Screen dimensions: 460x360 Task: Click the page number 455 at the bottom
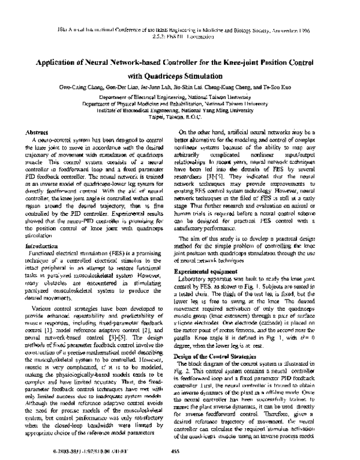[x=177, y=452]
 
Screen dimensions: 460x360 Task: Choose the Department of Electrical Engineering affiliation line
[x=179, y=96]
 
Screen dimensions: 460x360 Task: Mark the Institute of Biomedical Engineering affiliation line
[x=179, y=111]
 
